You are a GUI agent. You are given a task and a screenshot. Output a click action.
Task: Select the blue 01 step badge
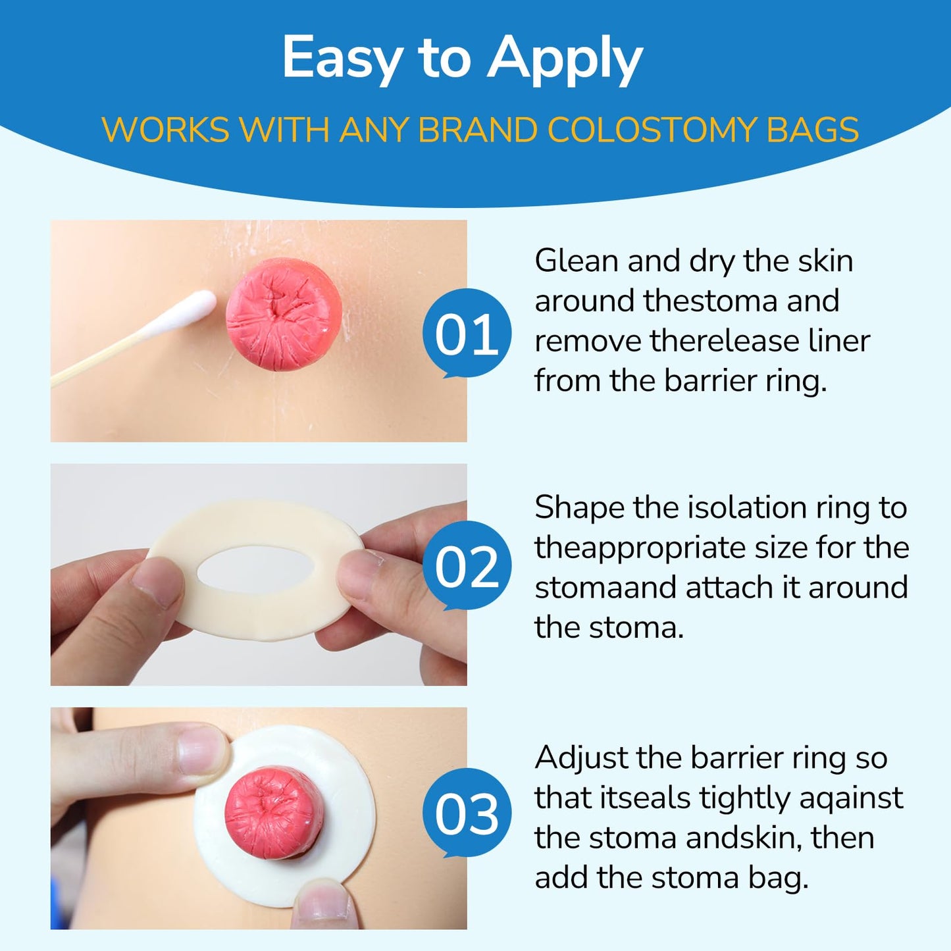(467, 334)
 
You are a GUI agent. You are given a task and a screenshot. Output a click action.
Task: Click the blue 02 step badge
(467, 567)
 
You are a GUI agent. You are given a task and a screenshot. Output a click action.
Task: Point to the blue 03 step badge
(467, 813)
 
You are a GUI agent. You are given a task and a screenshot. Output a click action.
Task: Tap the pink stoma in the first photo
(284, 314)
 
